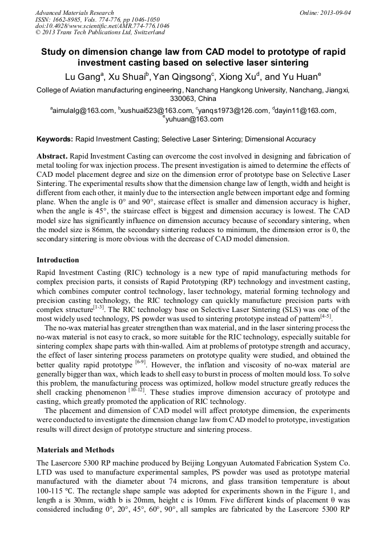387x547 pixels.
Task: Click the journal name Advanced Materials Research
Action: click(74, 13)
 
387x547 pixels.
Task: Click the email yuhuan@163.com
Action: click(195, 119)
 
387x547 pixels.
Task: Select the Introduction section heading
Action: click(58, 260)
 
